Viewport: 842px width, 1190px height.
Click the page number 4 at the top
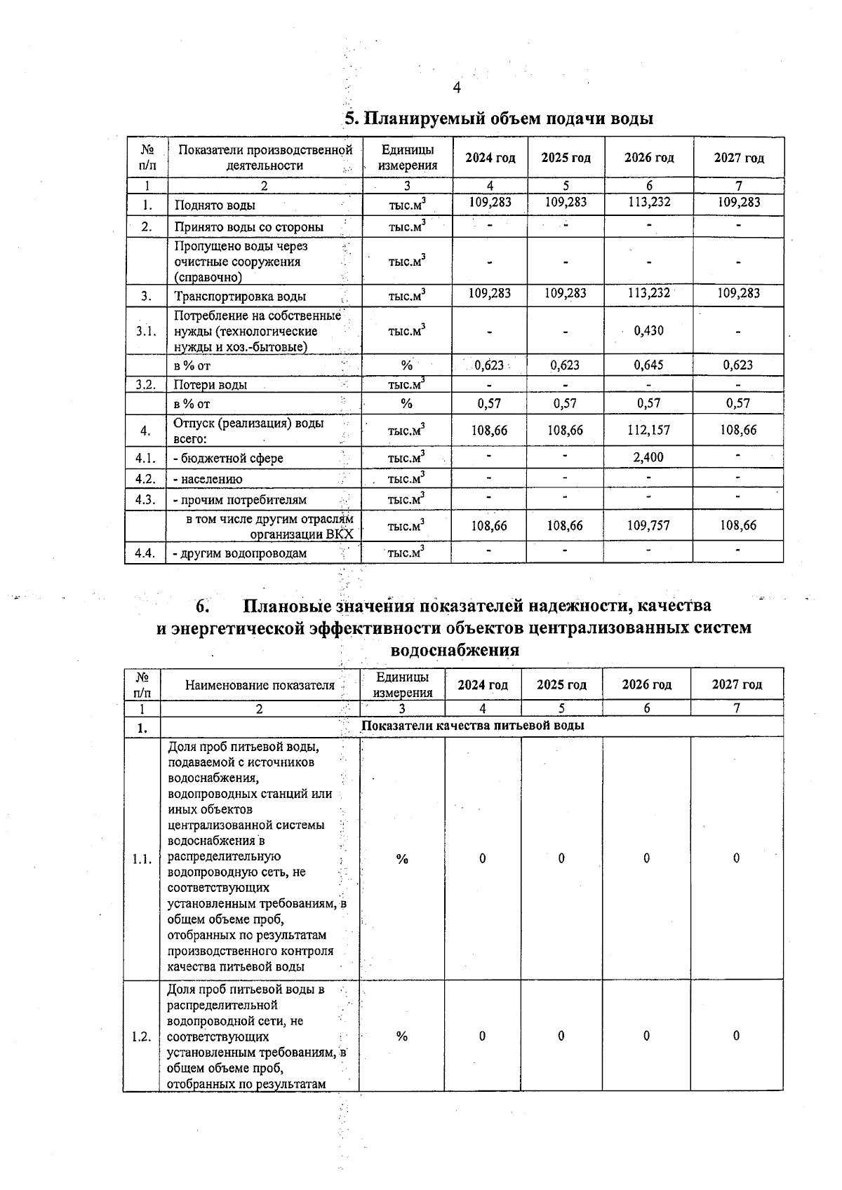point(457,88)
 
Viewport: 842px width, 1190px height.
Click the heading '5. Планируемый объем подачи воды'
point(499,119)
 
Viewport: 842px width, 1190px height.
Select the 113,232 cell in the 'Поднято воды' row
point(649,203)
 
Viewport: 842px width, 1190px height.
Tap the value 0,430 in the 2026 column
point(648,330)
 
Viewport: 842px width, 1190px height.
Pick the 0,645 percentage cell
point(648,365)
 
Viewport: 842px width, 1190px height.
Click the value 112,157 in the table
point(648,430)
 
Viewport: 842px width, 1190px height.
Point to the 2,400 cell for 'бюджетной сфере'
point(648,457)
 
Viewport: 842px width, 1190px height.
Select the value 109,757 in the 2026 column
point(648,525)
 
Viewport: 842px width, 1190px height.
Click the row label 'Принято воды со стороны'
point(248,226)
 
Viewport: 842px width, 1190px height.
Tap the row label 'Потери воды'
point(210,384)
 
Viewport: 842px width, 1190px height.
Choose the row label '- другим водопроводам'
point(240,553)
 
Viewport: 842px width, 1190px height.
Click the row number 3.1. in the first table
point(146,331)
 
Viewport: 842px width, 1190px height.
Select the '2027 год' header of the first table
point(738,158)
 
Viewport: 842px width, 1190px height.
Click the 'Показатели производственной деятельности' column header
point(265,158)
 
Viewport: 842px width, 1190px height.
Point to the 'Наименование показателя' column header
point(260,685)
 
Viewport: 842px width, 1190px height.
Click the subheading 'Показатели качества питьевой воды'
point(472,725)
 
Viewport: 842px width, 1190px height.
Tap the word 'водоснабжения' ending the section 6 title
point(454,650)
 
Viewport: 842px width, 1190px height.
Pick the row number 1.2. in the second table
point(142,1036)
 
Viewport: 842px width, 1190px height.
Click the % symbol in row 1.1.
point(402,859)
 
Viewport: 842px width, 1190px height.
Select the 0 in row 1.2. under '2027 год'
point(736,1036)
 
